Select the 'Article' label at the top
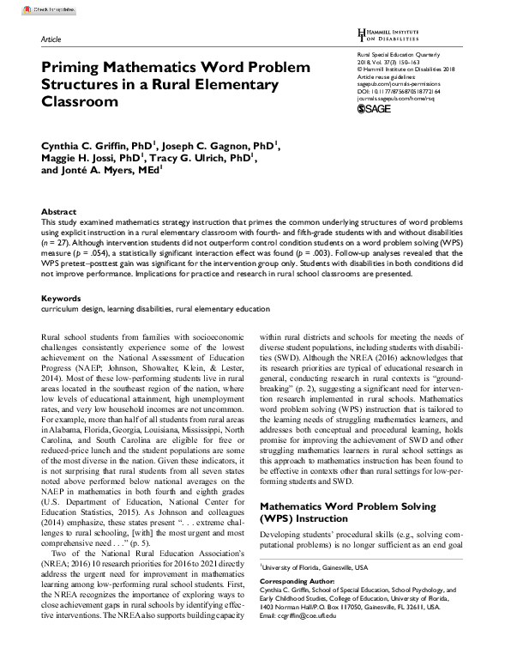pos(51,40)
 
